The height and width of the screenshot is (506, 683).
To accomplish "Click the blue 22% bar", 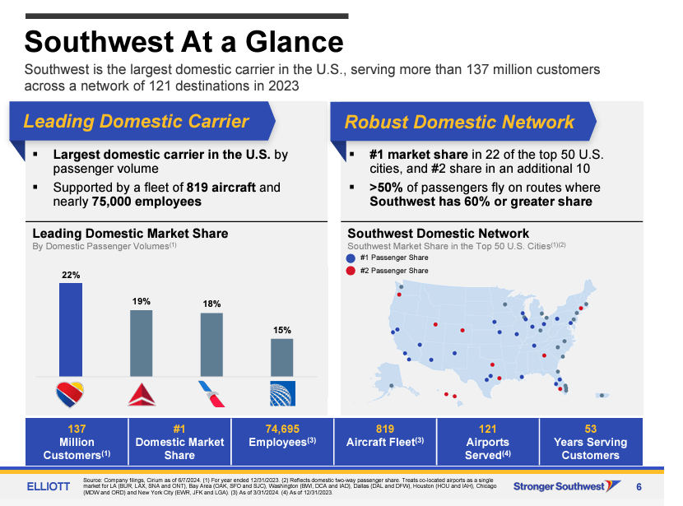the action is [x=71, y=330].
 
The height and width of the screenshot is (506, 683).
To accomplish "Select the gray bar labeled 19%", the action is [x=142, y=343].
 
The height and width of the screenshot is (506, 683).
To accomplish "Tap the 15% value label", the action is [x=281, y=330].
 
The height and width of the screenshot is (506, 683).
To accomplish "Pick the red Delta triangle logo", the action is [x=142, y=395].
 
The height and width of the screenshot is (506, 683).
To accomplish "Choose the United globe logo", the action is [x=282, y=393].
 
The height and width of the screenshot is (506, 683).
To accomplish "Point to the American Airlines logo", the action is [x=211, y=394].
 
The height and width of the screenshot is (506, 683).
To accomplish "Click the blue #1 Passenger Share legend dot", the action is [x=351, y=258].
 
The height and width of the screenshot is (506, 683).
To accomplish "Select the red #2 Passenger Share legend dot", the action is [x=351, y=271].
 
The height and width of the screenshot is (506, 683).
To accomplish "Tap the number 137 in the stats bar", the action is [x=77, y=429].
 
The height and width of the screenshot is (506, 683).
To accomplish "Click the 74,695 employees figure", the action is [x=282, y=429].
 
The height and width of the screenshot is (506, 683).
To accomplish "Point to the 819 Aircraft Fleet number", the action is [x=385, y=429].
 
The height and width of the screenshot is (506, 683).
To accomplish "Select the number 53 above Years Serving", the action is [x=591, y=429].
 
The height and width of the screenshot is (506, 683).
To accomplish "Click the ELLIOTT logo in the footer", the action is [x=49, y=486].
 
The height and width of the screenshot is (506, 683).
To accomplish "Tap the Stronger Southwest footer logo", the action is [x=567, y=486].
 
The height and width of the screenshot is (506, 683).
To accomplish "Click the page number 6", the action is [x=639, y=487].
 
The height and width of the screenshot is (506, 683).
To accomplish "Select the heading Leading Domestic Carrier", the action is [x=136, y=121].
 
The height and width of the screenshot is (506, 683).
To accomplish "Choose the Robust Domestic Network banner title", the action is [x=459, y=122].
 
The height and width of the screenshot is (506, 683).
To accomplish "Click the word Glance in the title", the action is [x=295, y=42].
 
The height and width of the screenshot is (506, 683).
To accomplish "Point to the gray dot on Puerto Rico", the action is [x=602, y=396].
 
